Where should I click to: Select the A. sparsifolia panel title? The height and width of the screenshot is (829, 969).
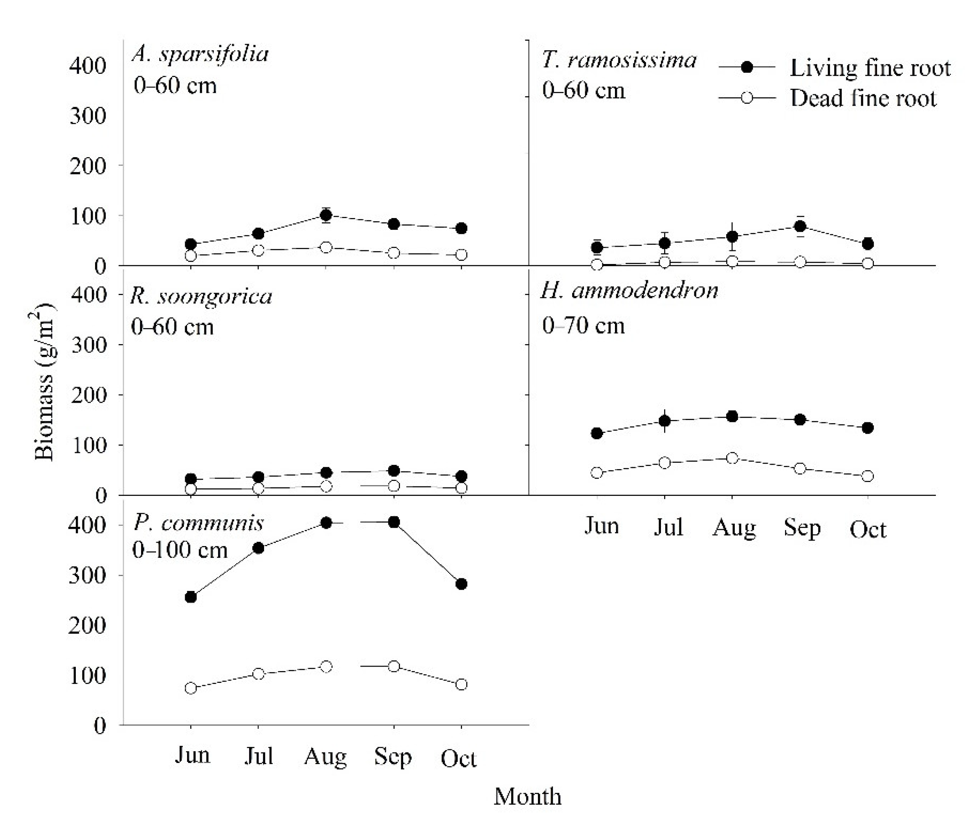point(200,54)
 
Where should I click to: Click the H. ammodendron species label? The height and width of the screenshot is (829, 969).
point(629,291)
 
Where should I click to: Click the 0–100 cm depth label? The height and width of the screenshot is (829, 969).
point(180,550)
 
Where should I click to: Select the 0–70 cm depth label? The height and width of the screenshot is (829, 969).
point(583,325)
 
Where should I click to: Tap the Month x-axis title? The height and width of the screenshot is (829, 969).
point(527,796)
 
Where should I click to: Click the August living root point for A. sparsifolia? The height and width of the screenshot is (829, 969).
point(326,215)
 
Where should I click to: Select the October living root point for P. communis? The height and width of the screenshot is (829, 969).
point(461,584)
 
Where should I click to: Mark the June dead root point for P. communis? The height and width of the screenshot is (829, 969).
point(191,688)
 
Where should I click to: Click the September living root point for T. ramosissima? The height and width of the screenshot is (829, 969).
point(800,226)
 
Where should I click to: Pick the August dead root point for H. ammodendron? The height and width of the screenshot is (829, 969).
point(732,458)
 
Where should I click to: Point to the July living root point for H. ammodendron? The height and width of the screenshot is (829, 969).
point(664,421)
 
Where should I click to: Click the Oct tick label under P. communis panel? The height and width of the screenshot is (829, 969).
point(458,758)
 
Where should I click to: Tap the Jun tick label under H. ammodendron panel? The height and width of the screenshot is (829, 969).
point(602,526)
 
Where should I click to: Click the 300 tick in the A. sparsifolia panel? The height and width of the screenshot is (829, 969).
point(88,116)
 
